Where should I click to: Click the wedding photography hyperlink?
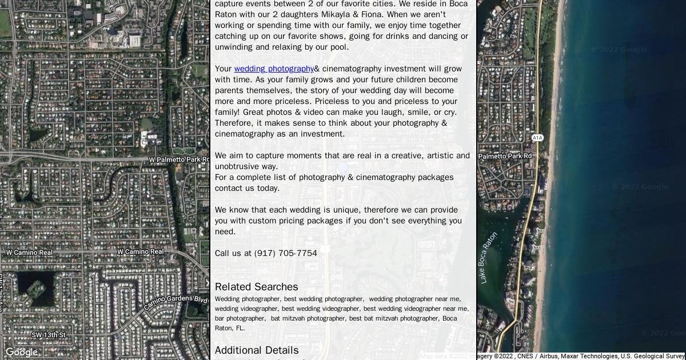274,69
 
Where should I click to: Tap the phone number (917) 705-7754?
285,253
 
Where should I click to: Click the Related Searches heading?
256,287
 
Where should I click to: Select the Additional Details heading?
256,350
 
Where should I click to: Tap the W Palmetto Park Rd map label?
179,159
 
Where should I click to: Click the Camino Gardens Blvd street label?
176,302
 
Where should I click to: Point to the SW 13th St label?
49,335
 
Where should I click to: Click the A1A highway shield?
537,138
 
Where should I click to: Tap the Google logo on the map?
22,352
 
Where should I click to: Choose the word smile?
404,112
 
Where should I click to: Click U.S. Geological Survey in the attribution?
652,356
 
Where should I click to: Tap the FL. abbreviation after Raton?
240,328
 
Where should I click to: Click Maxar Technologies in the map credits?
589,356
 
